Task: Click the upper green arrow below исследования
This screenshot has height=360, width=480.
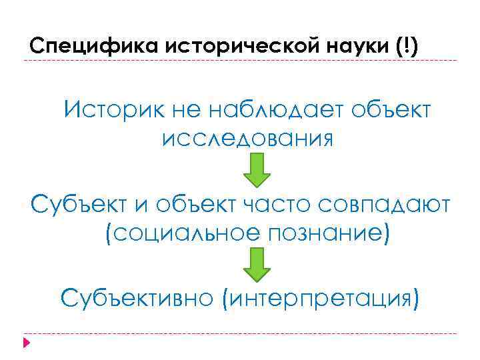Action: click(256, 169)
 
